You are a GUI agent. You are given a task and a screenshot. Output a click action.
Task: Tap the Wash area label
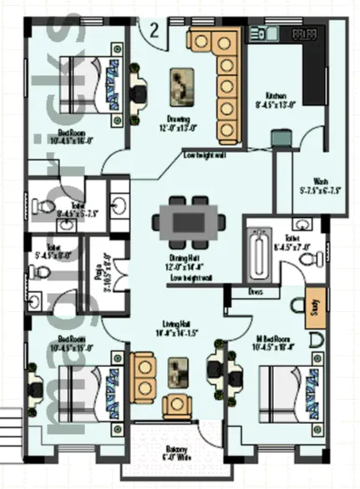point(320,185)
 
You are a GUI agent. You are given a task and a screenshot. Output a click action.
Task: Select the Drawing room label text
point(176,124)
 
